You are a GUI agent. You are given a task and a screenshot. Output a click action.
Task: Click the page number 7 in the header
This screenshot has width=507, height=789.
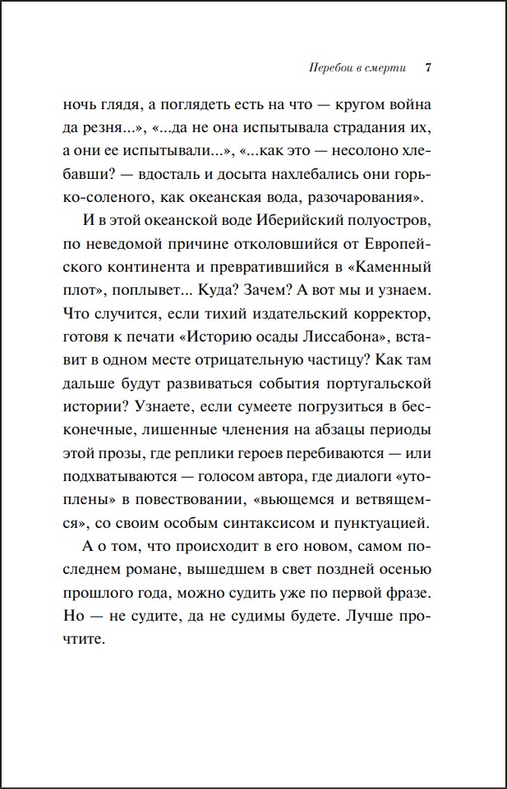[428, 68]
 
